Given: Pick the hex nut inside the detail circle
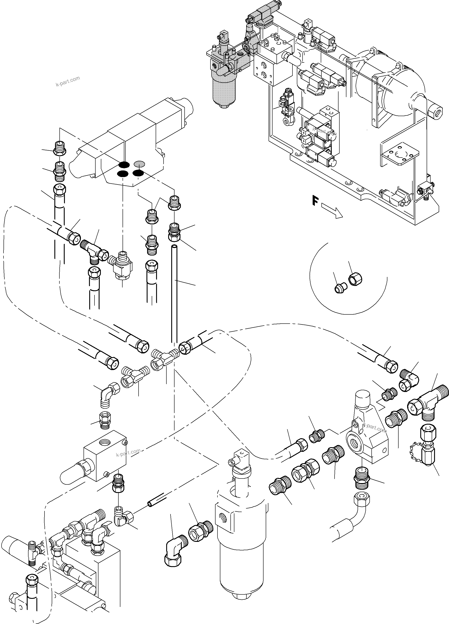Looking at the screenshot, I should [x=355, y=280].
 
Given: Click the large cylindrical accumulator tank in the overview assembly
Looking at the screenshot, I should [x=391, y=83].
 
